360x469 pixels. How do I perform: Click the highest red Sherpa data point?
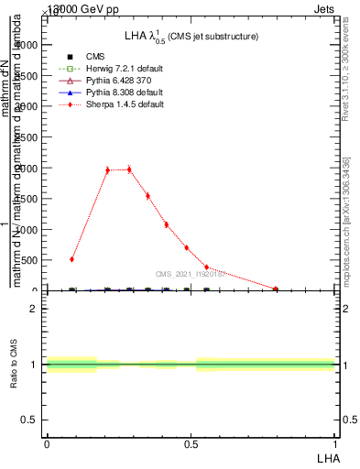(x=129, y=169)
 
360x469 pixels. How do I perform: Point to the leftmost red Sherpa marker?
(x=72, y=259)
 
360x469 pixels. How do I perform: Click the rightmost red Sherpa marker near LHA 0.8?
(x=276, y=289)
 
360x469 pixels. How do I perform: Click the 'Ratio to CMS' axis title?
(x=14, y=364)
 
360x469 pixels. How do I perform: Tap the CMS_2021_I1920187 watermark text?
(x=191, y=273)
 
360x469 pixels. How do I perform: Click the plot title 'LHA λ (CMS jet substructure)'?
(x=191, y=36)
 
